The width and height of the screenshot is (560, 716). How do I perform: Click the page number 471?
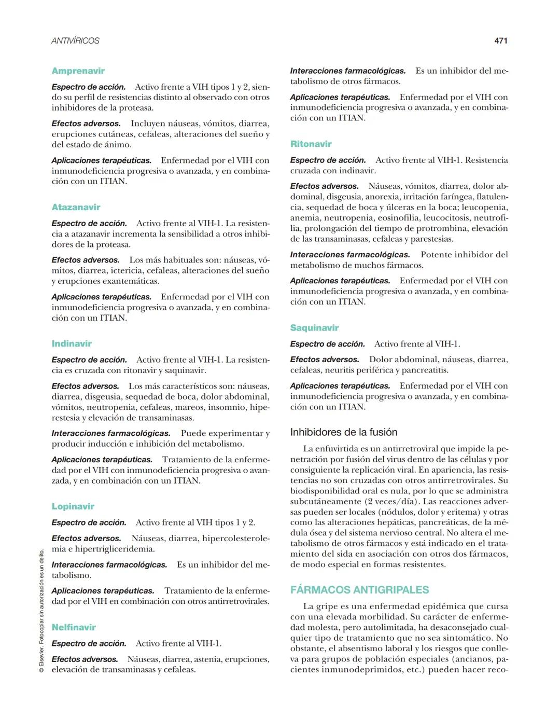tap(500, 40)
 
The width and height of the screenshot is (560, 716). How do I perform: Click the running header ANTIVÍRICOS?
tap(75, 40)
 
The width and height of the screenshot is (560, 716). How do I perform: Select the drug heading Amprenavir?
tap(78, 71)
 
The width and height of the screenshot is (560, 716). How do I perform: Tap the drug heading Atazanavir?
tap(76, 208)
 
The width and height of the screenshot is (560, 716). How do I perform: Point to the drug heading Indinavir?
tap(72, 344)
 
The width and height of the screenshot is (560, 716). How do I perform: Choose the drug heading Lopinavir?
tap(73, 506)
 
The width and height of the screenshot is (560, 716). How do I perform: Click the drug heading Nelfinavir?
tap(74, 627)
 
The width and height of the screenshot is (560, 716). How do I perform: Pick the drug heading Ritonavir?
tap(311, 144)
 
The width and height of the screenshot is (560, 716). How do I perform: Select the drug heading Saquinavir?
tap(314, 328)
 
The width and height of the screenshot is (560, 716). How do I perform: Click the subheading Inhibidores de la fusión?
tap(344, 432)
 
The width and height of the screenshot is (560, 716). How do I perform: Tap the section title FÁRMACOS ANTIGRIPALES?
tap(359, 590)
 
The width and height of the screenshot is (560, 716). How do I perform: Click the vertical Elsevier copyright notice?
tap(41, 612)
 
